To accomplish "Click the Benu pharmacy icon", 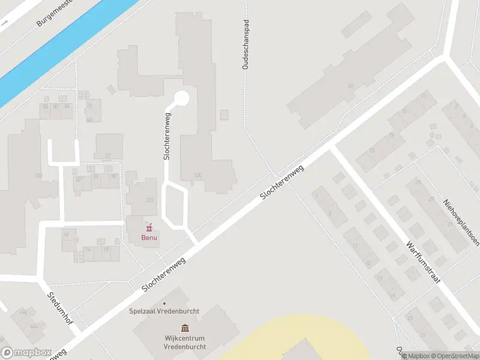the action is click(149, 227).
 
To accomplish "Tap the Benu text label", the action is click(149, 238).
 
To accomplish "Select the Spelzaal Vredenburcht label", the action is click(164, 311).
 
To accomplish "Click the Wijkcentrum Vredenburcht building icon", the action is click(185, 328).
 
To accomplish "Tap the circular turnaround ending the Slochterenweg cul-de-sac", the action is click(182, 98).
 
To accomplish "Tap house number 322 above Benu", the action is click(142, 200).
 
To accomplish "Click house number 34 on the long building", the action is click(350, 86).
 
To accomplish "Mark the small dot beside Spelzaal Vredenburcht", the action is click(164, 302).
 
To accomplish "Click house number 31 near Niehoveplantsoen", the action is click(419, 182).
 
